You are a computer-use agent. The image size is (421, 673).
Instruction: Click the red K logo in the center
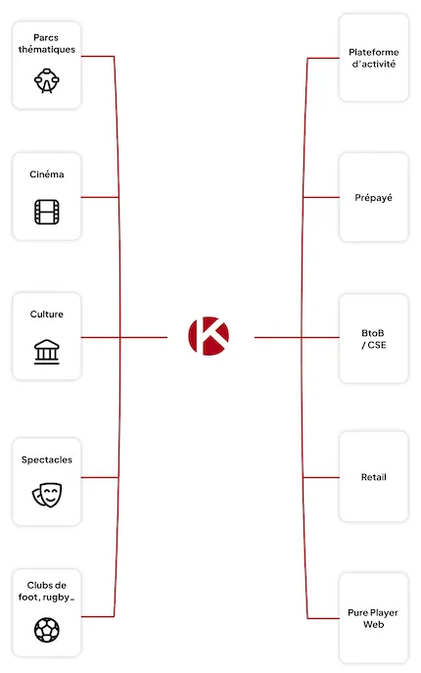[x=209, y=336]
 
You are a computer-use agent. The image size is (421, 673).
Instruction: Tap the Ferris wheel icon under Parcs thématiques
[x=47, y=80]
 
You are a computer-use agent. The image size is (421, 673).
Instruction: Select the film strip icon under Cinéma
[x=47, y=212]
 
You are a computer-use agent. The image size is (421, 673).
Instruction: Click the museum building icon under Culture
[x=47, y=352]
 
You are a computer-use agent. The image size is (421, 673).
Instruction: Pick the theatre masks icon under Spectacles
[x=47, y=495]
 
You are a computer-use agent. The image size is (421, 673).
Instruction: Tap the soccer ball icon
[x=47, y=630]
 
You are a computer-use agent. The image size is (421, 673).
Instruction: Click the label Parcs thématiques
[x=46, y=43]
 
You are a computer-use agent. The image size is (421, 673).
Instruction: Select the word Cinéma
[x=47, y=174]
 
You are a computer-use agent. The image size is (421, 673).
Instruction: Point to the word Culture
[x=47, y=314]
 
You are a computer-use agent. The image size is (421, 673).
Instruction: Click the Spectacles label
[x=47, y=459]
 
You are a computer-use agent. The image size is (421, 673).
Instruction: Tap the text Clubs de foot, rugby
[x=46, y=591]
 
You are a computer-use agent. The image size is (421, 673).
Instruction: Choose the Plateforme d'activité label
[x=374, y=58]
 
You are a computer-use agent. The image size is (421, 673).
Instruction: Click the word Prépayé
[x=373, y=198]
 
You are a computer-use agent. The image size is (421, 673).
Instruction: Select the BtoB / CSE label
[x=373, y=339]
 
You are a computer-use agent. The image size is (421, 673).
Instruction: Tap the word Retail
[x=373, y=477]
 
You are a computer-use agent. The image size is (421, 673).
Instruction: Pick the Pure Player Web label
[x=373, y=618]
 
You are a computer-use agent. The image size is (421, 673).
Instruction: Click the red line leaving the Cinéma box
[x=100, y=197]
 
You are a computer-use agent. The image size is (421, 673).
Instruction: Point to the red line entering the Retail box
[x=321, y=477]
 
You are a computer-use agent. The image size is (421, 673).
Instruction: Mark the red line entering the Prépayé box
[x=321, y=197]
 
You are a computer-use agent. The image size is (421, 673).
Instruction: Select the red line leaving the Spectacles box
[x=100, y=477]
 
